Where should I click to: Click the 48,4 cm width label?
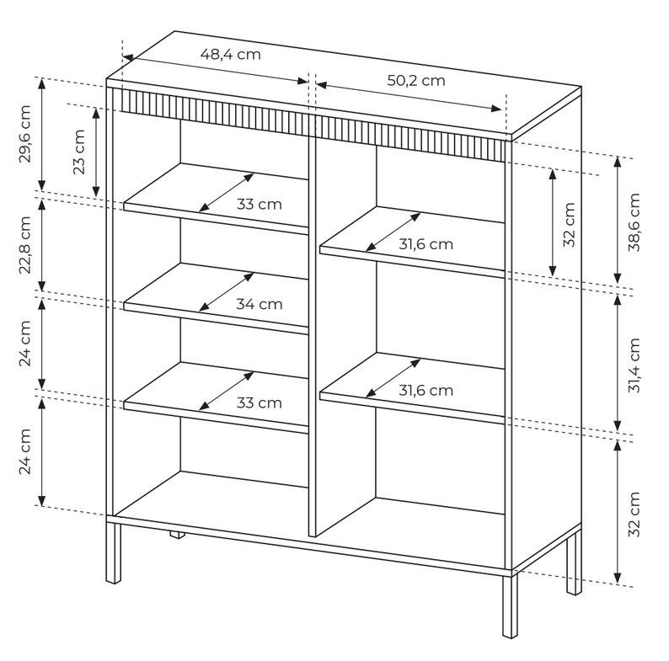click(x=230, y=54)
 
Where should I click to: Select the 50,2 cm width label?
click(x=416, y=80)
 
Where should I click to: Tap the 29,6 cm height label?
click(x=25, y=134)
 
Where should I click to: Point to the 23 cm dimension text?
click(x=79, y=152)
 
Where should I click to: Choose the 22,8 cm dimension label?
click(x=25, y=245)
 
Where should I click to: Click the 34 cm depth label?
click(x=260, y=304)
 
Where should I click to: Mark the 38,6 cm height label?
click(x=634, y=222)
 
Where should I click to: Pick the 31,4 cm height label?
click(x=634, y=365)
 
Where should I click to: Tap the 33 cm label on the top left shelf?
click(x=260, y=204)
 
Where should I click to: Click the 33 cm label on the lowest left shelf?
click(x=260, y=402)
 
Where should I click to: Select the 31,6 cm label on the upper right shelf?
click(x=425, y=244)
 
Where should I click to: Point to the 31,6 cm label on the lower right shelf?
click(x=425, y=390)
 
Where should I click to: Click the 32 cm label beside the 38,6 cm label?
click(x=570, y=225)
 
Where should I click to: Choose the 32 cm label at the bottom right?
click(x=634, y=514)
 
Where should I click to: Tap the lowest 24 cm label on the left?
click(x=25, y=451)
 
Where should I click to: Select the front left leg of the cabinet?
click(x=113, y=553)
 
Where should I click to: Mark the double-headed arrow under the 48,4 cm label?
click(x=216, y=69)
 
